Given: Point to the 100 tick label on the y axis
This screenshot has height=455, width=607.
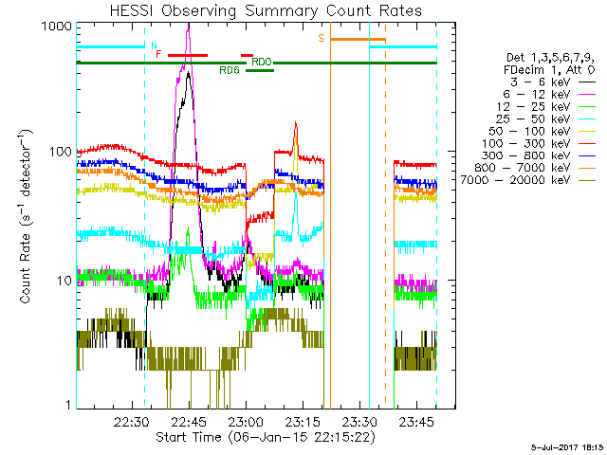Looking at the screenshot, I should (61, 152).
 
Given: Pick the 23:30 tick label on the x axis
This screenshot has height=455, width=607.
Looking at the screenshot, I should (359, 421).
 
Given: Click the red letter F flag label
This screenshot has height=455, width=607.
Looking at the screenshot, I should (158, 54).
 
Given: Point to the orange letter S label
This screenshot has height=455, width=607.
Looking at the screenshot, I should (322, 38).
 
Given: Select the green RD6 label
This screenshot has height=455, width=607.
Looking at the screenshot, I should (229, 70).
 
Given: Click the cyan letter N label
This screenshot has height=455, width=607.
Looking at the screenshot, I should (154, 44).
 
